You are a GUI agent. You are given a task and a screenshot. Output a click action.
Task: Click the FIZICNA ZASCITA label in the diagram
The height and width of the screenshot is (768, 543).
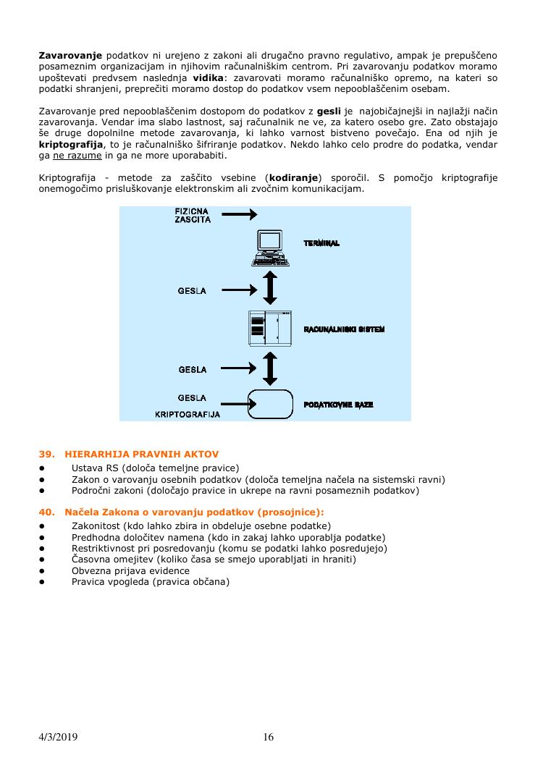(x=193, y=216)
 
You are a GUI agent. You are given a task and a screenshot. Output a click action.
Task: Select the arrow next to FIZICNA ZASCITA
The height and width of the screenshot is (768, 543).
(x=239, y=214)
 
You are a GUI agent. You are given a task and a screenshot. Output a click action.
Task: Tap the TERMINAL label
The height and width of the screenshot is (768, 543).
(x=321, y=244)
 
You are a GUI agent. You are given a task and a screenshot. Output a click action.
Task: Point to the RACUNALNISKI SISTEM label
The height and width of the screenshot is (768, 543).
(x=344, y=329)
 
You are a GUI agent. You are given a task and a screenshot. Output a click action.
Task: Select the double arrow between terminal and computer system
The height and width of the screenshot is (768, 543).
(x=269, y=287)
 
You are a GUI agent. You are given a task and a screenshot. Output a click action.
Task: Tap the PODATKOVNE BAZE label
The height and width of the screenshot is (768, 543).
(x=338, y=405)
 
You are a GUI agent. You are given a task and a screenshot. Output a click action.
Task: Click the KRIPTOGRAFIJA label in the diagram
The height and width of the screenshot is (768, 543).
(x=188, y=415)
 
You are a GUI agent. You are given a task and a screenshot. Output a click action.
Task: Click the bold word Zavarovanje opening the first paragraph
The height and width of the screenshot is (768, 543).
(x=70, y=55)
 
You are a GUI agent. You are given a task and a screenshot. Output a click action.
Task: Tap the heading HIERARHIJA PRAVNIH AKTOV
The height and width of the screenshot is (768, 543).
(x=141, y=455)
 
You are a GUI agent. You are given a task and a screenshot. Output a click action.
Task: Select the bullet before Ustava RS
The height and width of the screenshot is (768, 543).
(x=43, y=468)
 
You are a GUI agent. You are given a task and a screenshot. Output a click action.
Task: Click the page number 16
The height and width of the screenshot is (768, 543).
(x=269, y=737)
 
